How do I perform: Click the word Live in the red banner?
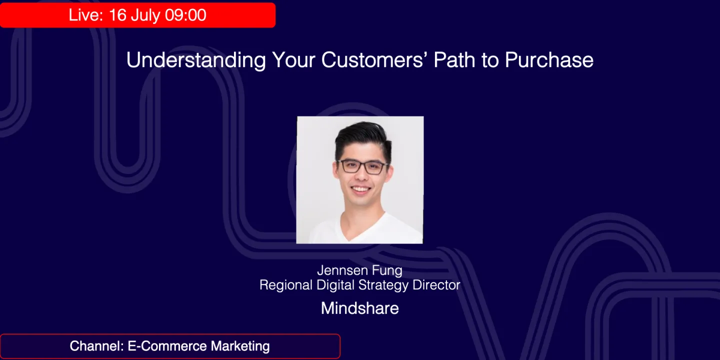coord(84,15)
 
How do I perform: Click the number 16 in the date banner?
coord(117,15)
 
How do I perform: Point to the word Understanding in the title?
coord(196,60)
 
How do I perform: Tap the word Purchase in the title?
coord(549,60)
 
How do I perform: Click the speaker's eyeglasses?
coord(362,166)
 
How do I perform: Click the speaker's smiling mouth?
coord(361,190)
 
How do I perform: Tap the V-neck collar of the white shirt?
coord(361,227)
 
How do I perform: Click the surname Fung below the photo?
coord(387,270)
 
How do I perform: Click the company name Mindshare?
coord(360,308)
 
